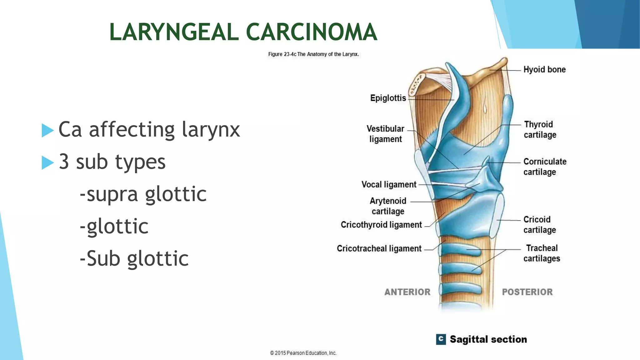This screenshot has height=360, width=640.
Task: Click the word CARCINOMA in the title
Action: [312, 32]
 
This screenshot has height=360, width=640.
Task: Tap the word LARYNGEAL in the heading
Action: [174, 32]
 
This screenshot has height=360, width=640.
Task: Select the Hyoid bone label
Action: [544, 69]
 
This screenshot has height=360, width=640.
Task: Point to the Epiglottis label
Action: [388, 98]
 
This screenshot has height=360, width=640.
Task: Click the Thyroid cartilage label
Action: [540, 129]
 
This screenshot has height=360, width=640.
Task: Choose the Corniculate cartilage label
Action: [545, 167]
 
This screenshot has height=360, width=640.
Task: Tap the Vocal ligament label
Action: [389, 184]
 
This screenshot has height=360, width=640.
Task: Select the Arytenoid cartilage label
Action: [388, 206]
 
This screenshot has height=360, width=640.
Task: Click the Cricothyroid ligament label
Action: [381, 225]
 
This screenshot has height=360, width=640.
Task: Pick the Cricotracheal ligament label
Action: [379, 248]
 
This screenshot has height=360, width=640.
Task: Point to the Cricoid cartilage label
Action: [539, 224]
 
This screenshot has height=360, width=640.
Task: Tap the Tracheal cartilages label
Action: [542, 253]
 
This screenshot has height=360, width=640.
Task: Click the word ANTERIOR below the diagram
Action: [407, 292]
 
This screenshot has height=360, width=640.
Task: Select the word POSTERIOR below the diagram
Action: [527, 292]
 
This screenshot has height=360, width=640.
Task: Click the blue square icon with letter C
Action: [441, 339]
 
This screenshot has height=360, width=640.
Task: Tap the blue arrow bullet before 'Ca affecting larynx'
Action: [47, 130]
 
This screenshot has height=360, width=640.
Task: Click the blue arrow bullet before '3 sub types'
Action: [47, 162]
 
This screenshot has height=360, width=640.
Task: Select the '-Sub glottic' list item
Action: [134, 259]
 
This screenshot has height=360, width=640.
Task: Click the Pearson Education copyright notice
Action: [303, 353]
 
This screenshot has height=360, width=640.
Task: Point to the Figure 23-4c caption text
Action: [313, 54]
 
